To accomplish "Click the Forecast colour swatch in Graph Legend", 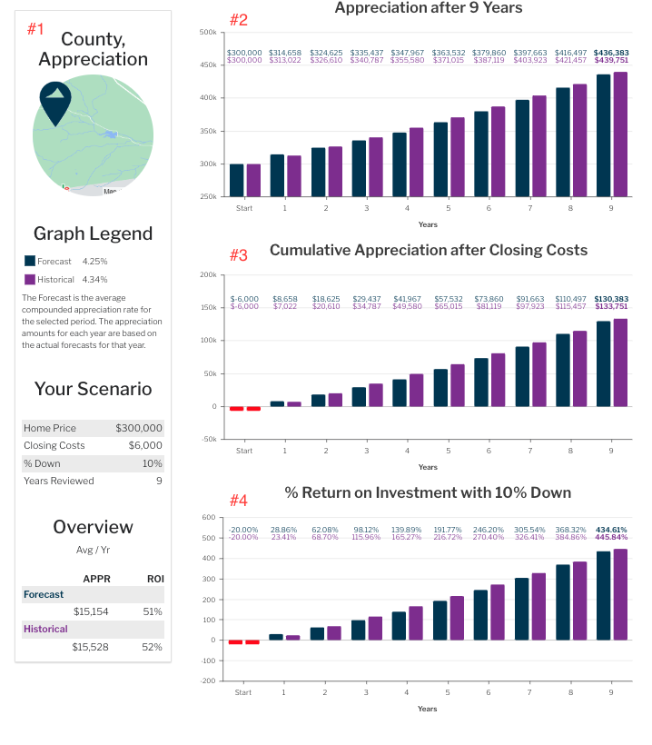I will point(29,262).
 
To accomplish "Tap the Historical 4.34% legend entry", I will point(65,280).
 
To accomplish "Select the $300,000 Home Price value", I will point(139,428).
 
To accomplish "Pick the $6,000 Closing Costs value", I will point(145,445).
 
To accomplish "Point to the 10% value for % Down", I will point(153,463).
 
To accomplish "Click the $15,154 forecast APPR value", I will point(91,611).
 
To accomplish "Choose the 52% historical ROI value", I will point(154,647).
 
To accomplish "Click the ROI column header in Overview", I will point(155,579).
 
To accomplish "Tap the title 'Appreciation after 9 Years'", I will point(428,8).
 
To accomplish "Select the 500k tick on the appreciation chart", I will point(208,33).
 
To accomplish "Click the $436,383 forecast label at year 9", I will point(610,53).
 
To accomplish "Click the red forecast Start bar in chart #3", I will point(236,408).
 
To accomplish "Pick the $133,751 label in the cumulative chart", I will point(610,307).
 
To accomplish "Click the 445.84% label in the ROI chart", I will point(610,537).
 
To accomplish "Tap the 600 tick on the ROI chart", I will point(209,518).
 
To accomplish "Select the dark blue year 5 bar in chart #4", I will point(440,621).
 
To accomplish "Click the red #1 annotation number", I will point(35,29).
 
